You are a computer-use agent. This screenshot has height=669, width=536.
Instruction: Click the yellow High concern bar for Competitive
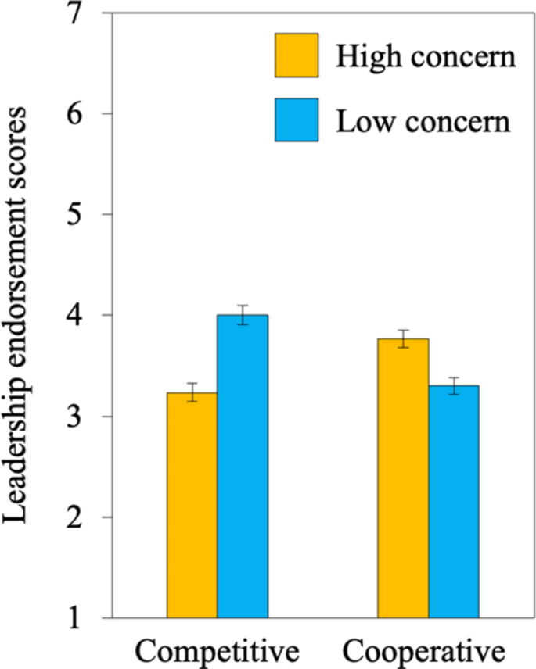click(x=192, y=505)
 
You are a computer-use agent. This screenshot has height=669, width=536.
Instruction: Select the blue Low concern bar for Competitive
click(x=243, y=466)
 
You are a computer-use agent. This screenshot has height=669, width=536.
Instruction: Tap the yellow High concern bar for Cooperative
click(x=403, y=478)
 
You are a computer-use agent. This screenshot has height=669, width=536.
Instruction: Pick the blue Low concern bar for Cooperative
click(x=453, y=501)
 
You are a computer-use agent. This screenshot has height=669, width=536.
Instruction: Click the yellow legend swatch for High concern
click(x=297, y=55)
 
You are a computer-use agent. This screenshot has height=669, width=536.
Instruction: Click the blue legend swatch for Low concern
click(x=297, y=120)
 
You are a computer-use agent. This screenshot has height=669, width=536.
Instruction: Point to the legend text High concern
click(x=426, y=56)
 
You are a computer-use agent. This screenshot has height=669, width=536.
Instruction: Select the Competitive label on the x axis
click(x=218, y=650)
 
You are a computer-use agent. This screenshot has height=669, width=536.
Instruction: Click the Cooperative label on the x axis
click(x=426, y=650)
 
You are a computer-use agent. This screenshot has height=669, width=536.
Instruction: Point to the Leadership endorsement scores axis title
click(x=21, y=316)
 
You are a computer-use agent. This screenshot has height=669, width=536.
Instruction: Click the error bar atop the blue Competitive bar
click(x=243, y=315)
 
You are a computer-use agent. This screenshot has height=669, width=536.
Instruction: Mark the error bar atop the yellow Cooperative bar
click(x=403, y=338)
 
